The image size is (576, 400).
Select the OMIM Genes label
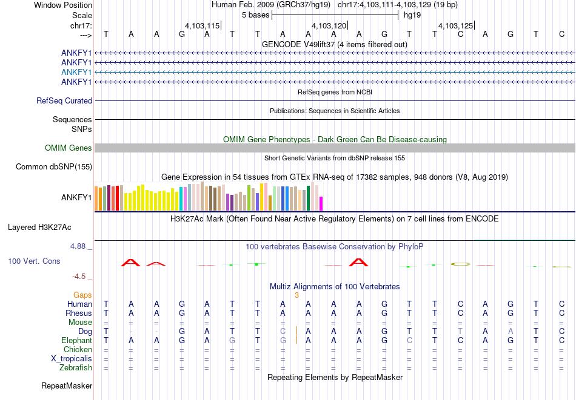pos(69,148)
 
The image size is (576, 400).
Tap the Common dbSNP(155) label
pos(54,166)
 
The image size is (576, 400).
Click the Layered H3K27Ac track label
pos(39,228)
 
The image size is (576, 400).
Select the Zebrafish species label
pos(76,367)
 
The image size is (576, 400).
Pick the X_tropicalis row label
pos(72,358)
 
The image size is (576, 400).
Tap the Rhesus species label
pos(79,313)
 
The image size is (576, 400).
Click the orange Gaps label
pos(82,295)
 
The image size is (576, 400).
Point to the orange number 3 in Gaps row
pos(296,295)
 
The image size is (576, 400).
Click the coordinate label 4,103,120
pos(329,26)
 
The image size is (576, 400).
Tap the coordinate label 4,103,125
pos(455,26)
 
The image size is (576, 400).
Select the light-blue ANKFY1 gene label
pos(76,72)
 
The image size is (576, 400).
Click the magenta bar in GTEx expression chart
pos(321,203)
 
